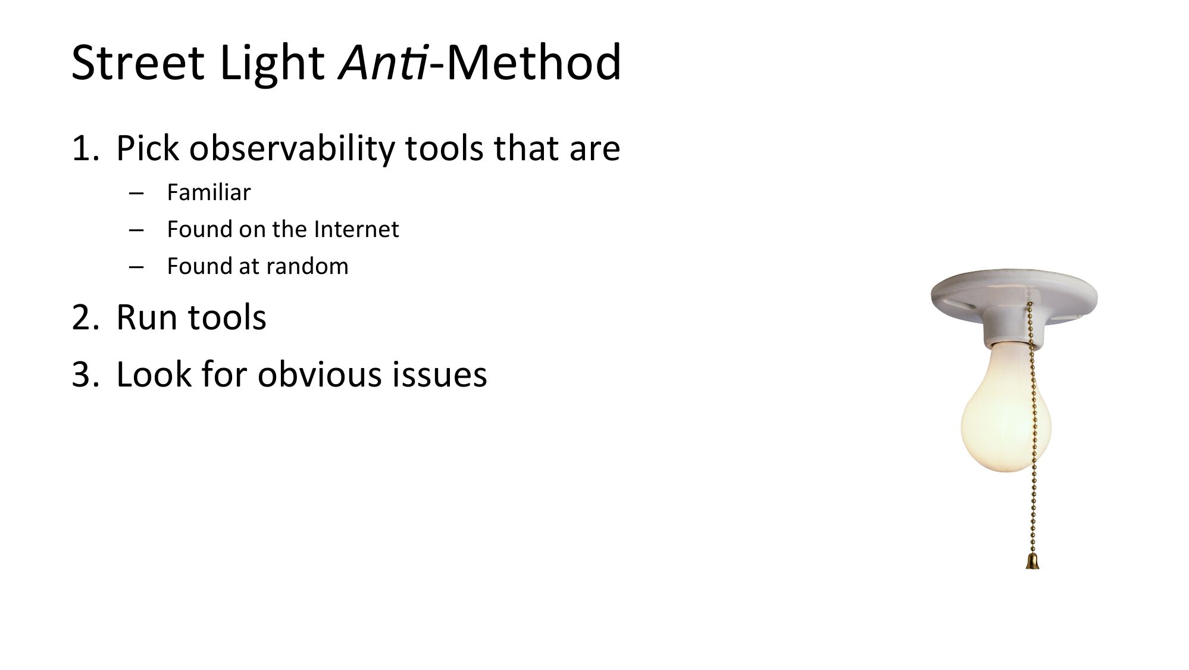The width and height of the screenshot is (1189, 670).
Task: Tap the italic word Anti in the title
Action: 383,62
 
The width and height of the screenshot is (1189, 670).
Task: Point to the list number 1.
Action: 84,148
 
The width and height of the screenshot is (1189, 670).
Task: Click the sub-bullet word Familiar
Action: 209,192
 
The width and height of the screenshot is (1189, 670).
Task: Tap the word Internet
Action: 356,229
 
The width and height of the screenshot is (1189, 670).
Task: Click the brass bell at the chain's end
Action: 1032,561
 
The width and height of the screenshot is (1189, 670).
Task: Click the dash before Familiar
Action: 136,194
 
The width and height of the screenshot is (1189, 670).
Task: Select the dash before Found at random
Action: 136,267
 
